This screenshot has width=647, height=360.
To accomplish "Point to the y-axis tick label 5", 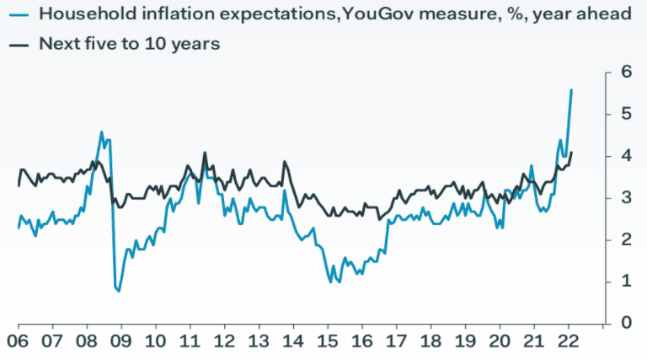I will (627, 113).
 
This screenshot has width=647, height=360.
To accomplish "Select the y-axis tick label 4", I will (627, 155).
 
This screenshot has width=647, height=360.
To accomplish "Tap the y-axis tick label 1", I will (627, 281).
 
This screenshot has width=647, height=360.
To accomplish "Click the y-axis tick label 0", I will (627, 322).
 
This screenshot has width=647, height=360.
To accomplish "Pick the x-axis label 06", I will (18, 342).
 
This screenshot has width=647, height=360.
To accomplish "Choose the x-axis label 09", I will (121, 342).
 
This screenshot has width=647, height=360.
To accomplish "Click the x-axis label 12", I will (224, 342).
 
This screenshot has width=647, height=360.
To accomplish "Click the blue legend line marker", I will (19, 13).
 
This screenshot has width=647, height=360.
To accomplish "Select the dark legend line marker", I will (19, 44).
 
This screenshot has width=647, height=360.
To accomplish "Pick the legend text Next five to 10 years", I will (129, 44).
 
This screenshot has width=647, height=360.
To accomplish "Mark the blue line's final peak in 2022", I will (572, 89).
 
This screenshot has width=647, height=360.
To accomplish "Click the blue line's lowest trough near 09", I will (118, 291).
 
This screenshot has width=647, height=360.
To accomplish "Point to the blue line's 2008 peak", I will (102, 132).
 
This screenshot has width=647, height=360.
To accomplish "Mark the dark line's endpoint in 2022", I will (572, 153).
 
